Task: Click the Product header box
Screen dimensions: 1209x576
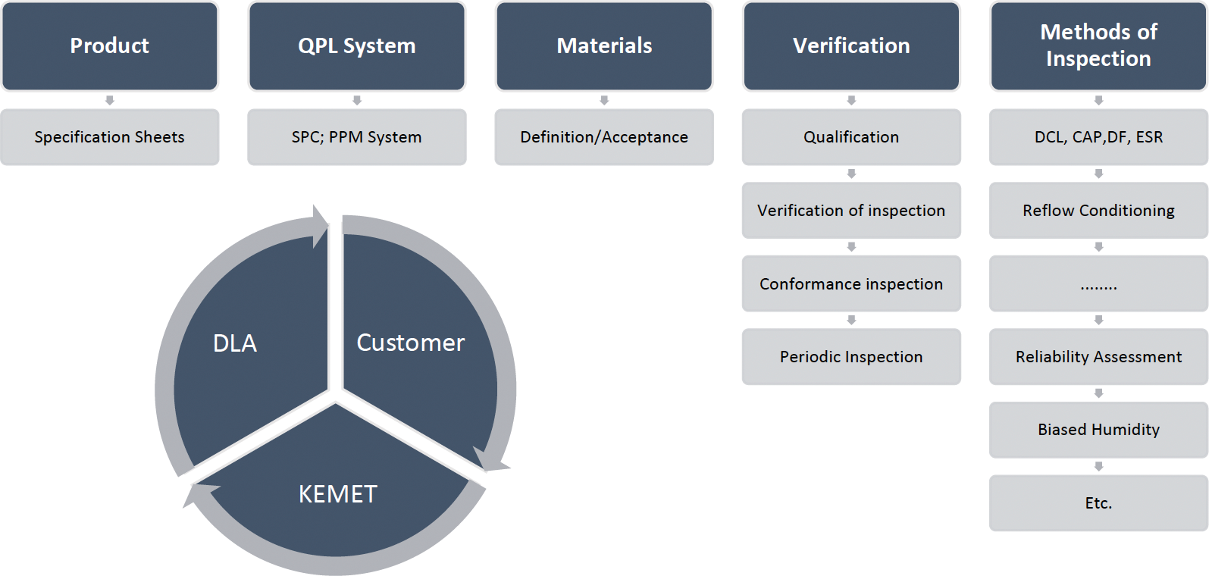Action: point(110,46)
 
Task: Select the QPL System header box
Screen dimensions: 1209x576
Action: point(357,46)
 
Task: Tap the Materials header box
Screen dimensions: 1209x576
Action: point(604,46)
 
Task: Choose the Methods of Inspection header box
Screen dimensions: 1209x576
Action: point(1098,46)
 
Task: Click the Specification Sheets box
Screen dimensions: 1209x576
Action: point(110,137)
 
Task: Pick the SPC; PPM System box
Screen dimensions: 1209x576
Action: point(357,137)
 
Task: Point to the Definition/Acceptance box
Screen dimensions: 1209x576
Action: point(604,137)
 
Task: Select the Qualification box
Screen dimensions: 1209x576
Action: point(851,137)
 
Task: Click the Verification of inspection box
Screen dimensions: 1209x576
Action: point(851,211)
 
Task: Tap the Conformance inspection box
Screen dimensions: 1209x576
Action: point(851,283)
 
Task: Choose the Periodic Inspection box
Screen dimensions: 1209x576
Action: point(851,357)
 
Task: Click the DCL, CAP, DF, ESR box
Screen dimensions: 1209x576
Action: point(1098,137)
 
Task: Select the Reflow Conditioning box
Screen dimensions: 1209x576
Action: point(1098,211)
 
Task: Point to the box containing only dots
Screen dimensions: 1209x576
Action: point(1098,283)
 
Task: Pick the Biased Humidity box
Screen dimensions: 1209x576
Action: point(1098,430)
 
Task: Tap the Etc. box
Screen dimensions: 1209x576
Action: point(1098,503)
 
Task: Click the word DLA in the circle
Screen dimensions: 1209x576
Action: point(235,343)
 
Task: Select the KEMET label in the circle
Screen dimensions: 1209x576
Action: point(338,494)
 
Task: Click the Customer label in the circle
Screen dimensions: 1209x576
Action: point(410,343)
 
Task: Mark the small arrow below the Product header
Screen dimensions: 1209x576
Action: point(110,100)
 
